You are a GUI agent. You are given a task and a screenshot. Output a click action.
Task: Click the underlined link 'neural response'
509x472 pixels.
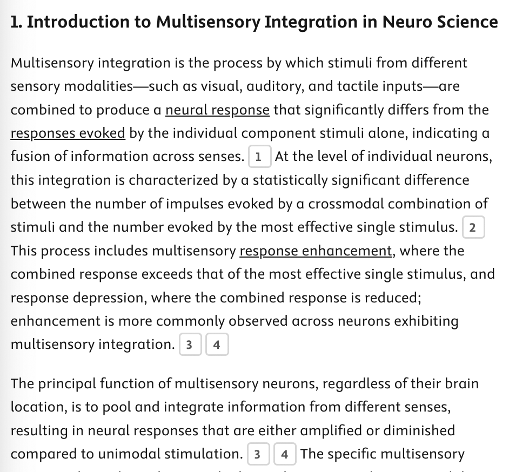click(x=217, y=110)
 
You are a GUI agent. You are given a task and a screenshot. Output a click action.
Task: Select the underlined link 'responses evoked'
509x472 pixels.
click(x=68, y=133)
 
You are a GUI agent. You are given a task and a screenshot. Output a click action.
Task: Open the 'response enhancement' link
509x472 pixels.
click(x=316, y=251)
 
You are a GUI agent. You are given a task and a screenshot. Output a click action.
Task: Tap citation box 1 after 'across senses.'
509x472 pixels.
click(x=258, y=157)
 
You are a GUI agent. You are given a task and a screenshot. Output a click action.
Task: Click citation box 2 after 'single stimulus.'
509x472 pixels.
click(x=473, y=227)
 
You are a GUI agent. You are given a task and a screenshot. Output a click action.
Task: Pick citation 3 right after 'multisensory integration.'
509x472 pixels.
click(x=189, y=345)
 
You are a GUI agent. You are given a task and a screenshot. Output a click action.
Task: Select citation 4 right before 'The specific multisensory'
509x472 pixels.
click(x=284, y=454)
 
